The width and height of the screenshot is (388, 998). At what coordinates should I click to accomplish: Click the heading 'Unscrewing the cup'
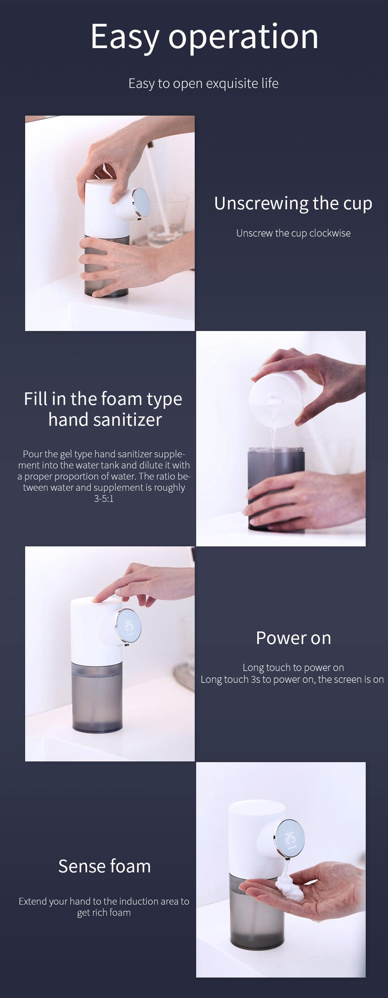[x=293, y=204]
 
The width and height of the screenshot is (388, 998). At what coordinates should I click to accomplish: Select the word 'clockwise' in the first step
[x=330, y=233]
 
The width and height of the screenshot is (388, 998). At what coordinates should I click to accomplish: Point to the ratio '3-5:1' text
[x=104, y=499]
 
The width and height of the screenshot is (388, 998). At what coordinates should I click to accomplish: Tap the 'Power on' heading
[x=294, y=638]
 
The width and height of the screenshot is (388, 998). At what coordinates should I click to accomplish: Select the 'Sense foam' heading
[x=104, y=866]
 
